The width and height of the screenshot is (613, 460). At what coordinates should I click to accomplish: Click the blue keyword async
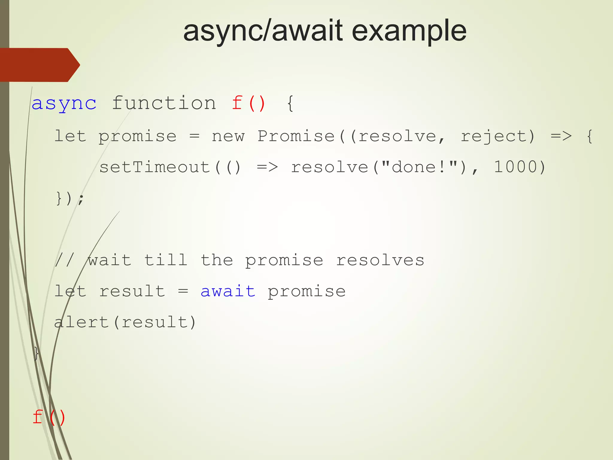(x=64, y=104)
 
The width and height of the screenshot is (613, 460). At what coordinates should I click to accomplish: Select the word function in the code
(x=164, y=103)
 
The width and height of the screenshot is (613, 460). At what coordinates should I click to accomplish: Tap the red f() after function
(x=248, y=103)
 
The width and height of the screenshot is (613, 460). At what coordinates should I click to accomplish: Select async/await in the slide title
(x=263, y=31)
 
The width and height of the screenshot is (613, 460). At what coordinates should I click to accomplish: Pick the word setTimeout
(x=155, y=167)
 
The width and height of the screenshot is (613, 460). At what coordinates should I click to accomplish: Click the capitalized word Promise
(x=296, y=136)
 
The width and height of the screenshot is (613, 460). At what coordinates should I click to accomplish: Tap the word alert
(x=81, y=322)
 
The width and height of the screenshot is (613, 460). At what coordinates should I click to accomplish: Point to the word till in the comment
(x=166, y=260)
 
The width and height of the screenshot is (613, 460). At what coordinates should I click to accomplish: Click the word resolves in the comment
(x=380, y=260)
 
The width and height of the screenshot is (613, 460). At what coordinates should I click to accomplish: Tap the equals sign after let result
(x=183, y=291)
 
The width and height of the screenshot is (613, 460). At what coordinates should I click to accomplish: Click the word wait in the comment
(x=110, y=260)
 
